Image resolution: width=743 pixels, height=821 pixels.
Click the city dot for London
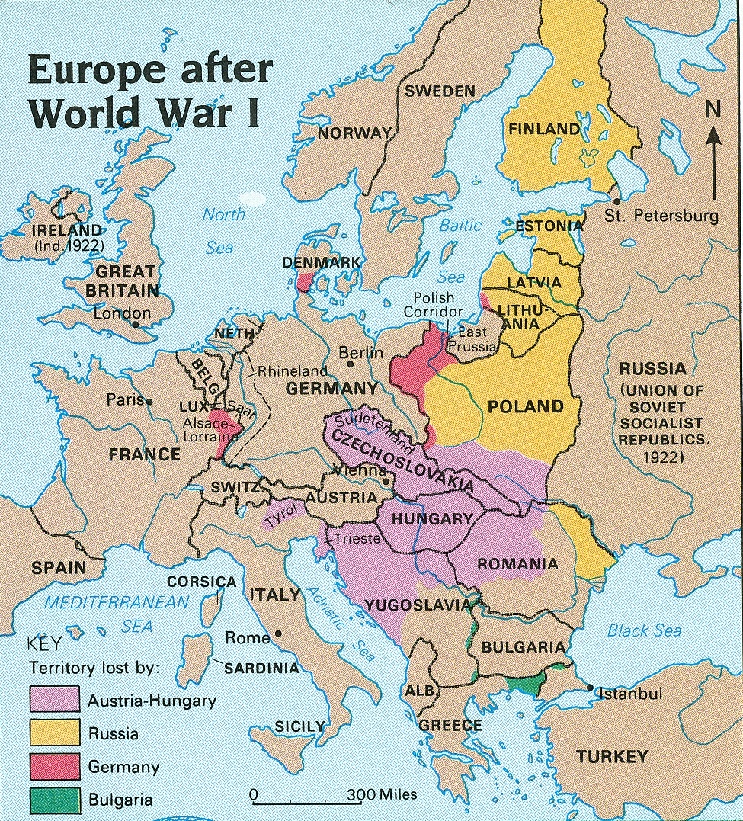(135, 323)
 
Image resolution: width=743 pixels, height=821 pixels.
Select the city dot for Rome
(279, 633)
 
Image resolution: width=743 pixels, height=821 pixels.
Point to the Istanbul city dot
(591, 688)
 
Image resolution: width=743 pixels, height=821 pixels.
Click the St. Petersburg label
(661, 216)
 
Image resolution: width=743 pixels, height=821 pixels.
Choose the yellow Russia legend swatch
(55, 733)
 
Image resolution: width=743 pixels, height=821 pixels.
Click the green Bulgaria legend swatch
(55, 800)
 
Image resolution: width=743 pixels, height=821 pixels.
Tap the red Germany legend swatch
(55, 767)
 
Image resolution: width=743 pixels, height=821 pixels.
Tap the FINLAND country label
(544, 129)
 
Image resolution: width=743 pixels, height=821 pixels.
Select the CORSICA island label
(202, 582)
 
